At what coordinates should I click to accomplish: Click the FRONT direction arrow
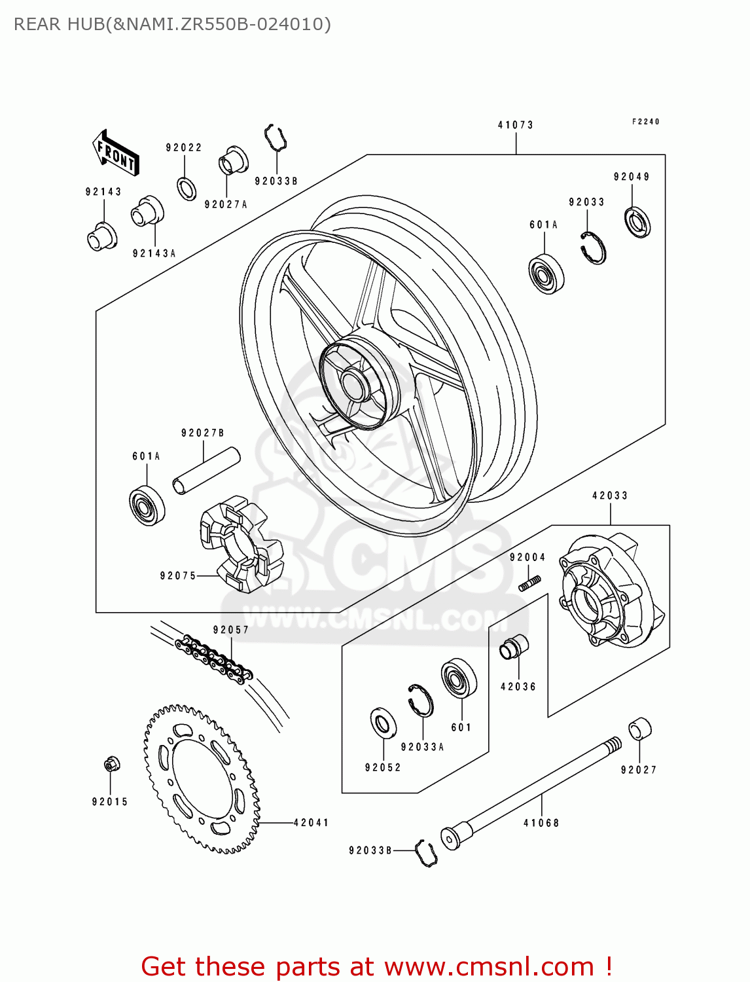pyautogui.click(x=116, y=153)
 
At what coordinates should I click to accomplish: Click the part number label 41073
pyautogui.click(x=516, y=125)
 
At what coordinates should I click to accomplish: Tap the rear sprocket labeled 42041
pyautogui.click(x=201, y=779)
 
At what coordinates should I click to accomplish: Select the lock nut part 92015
pyautogui.click(x=111, y=764)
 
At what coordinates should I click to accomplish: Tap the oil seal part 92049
pyautogui.click(x=637, y=222)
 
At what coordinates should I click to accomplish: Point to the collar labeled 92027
pyautogui.click(x=639, y=729)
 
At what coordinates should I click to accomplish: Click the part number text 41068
pyautogui.click(x=541, y=823)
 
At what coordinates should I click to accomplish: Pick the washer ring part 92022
pyautogui.click(x=187, y=189)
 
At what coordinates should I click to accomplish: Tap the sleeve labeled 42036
pyautogui.click(x=514, y=647)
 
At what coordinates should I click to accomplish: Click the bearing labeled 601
pyautogui.click(x=459, y=678)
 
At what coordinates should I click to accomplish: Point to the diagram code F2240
pyautogui.click(x=645, y=122)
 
